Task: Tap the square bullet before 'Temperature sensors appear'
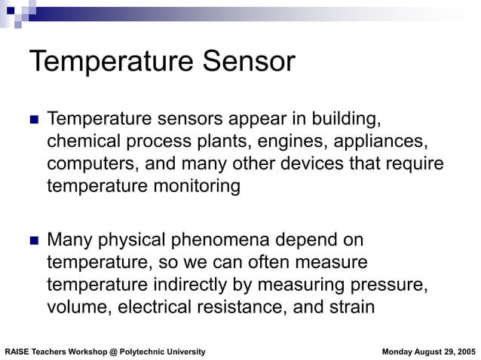pos(32,121)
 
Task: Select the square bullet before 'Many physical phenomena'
pos(32,242)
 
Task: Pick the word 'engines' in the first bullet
pos(288,142)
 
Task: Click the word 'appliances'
pos(376,142)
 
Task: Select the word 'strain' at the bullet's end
pos(352,307)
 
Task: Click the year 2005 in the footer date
pos(465,352)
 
